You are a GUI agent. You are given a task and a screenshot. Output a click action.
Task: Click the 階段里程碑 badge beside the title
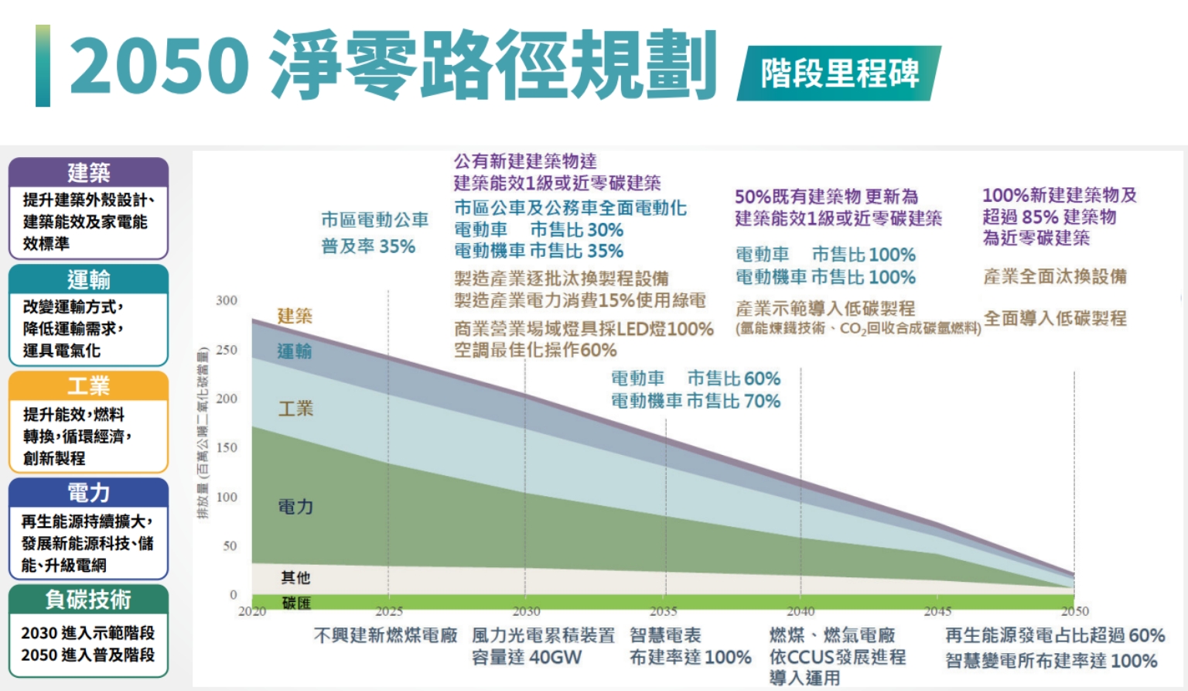(839, 74)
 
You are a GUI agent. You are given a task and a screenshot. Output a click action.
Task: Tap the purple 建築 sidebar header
(88, 172)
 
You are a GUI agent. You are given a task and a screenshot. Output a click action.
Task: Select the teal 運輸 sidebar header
(88, 279)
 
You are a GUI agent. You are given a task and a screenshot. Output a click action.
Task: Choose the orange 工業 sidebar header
(88, 385)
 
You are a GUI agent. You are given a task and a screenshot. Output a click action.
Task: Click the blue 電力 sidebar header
(88, 492)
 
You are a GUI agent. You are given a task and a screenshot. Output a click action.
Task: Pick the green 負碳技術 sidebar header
(88, 599)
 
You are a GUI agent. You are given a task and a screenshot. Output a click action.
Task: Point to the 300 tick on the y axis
(227, 300)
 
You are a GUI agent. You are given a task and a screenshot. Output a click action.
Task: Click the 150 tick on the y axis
(227, 447)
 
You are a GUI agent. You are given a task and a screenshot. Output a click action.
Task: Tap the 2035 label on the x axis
(663, 611)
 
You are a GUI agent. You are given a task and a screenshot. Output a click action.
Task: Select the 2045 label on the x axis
(937, 611)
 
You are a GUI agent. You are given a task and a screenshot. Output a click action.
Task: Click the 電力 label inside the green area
(295, 507)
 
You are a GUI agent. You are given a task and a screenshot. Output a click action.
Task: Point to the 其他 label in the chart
(295, 577)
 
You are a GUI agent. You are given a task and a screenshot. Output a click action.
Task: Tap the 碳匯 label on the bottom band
(295, 603)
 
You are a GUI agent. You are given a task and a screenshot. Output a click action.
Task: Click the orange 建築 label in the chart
(295, 316)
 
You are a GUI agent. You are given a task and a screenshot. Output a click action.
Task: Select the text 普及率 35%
(368, 247)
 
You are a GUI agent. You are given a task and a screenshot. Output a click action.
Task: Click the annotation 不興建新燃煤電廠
(385, 635)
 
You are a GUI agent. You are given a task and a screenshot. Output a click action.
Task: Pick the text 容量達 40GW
(527, 658)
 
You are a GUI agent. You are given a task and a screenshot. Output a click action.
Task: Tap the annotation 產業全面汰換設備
(1054, 276)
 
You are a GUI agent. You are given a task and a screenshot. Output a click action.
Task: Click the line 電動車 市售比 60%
(695, 378)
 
